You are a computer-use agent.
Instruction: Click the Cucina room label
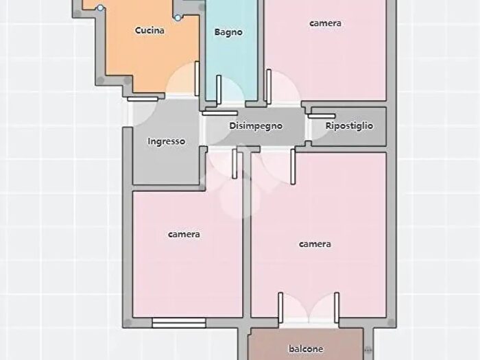pos(149,31)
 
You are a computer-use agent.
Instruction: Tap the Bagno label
pos(228,32)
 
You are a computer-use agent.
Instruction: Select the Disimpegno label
pos(256,125)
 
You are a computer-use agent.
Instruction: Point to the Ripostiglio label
pos(349,125)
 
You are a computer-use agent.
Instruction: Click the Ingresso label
pos(167,141)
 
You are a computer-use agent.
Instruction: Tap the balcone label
pos(306,348)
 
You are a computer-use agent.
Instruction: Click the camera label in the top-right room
pos(326,23)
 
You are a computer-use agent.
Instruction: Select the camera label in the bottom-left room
pos(184,235)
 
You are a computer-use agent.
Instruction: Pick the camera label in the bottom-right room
pos(315,244)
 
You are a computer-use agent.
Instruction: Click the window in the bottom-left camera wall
pos(179,323)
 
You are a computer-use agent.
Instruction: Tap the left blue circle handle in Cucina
pos(100,8)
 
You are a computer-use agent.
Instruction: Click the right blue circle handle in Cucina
pos(178,18)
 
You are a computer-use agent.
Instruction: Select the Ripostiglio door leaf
pos(322,116)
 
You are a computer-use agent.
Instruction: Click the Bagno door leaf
pos(219,89)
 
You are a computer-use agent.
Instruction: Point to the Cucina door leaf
pos(197,79)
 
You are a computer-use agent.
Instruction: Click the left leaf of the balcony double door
pos(280,308)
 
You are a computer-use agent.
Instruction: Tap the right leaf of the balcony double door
pos(337,308)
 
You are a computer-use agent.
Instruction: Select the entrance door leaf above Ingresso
pos(143,99)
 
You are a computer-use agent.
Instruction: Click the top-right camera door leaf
pos(269,86)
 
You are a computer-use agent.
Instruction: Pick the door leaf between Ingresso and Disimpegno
pos(220,113)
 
